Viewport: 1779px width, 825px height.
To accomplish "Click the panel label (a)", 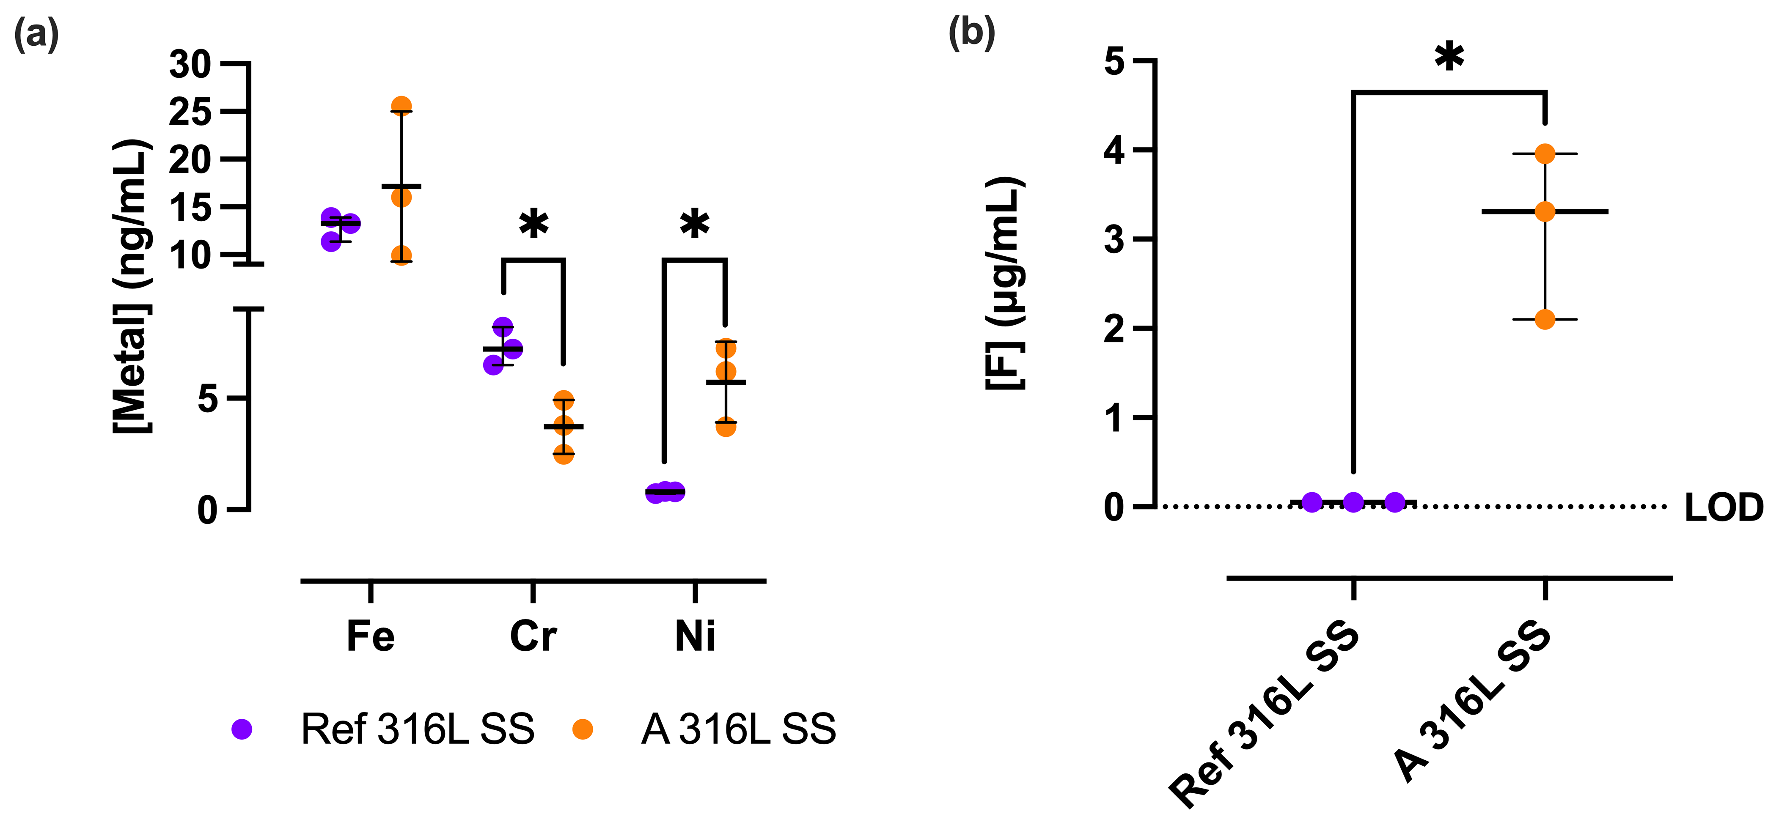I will point(36,33).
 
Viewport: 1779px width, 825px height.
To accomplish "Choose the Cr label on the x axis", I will point(533,636).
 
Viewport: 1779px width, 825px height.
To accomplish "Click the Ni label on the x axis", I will point(695,636).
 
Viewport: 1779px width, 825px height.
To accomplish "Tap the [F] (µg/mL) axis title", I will point(1005,283).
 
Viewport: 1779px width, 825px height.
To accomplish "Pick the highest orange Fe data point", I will point(401,106).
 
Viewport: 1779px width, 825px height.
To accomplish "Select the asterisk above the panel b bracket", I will point(1449,58).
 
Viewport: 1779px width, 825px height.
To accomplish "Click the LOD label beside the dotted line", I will point(1724,507).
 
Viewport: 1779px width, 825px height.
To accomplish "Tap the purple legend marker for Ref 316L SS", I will point(242,729).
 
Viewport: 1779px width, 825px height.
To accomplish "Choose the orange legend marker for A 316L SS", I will point(583,729).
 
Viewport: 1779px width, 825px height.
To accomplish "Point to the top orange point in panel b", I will point(1545,154).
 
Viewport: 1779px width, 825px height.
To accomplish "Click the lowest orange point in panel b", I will point(1545,320).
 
